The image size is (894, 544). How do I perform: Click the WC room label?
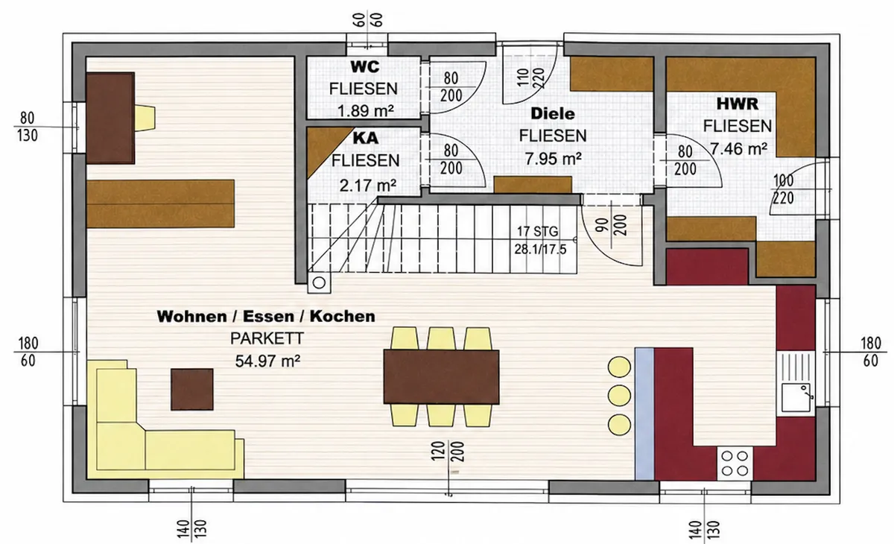coord(365,66)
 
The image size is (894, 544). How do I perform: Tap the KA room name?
coord(366,138)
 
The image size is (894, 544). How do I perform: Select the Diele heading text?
coord(552,114)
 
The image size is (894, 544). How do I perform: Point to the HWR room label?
coord(737,104)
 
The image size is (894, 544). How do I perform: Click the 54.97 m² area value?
coord(267,361)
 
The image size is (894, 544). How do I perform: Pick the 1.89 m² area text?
coord(366,110)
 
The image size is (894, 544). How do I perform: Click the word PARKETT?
coord(267,338)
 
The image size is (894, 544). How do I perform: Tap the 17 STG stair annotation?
coord(537,231)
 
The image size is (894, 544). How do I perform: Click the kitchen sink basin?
coord(796,397)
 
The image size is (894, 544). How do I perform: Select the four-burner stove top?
coord(735,463)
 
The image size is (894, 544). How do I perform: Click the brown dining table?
coord(441,377)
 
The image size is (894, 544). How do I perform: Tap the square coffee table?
coord(192,389)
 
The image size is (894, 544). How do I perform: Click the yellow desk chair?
coord(145,118)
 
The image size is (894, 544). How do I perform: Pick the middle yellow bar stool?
coord(619,396)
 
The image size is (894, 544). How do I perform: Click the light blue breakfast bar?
coord(644,414)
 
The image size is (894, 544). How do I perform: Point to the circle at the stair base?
coord(319,283)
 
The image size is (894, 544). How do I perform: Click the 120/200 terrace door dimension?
coord(448,452)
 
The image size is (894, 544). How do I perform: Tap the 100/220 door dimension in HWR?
coord(783,189)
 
